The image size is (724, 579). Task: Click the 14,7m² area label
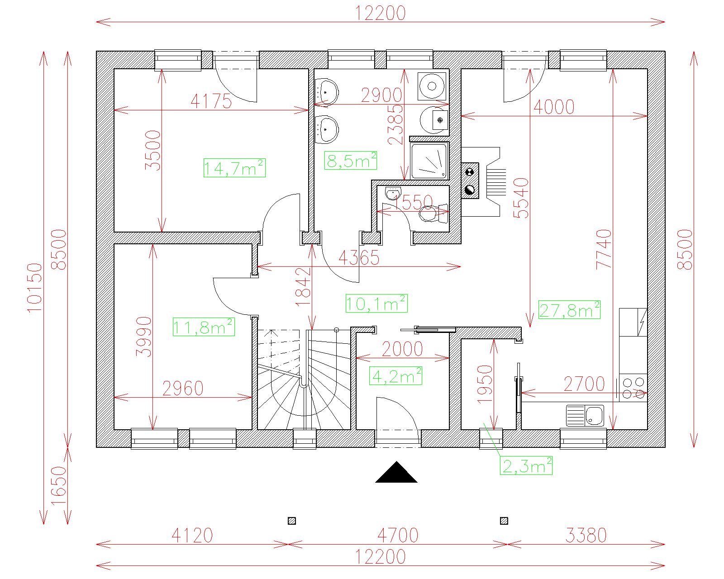(234, 168)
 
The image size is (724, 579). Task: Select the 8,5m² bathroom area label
(351, 161)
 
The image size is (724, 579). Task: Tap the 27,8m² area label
(570, 309)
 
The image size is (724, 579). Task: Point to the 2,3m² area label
(526, 465)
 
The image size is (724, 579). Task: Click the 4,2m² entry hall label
(395, 376)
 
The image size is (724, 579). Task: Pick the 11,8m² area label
(204, 327)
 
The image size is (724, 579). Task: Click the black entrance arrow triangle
(396, 472)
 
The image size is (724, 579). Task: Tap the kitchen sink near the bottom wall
(585, 416)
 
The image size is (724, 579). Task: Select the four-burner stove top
(633, 388)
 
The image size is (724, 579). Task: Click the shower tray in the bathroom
(429, 161)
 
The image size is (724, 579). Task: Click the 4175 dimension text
(211, 101)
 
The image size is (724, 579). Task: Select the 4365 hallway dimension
(359, 258)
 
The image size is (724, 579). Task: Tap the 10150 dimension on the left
(35, 288)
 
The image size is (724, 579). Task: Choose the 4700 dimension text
(398, 535)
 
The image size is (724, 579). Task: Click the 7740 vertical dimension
(603, 249)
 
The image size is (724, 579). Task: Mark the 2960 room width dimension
(183, 389)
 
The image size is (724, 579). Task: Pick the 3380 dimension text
(586, 535)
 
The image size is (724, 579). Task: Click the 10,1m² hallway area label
(377, 304)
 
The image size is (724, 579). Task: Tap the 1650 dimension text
(59, 486)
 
